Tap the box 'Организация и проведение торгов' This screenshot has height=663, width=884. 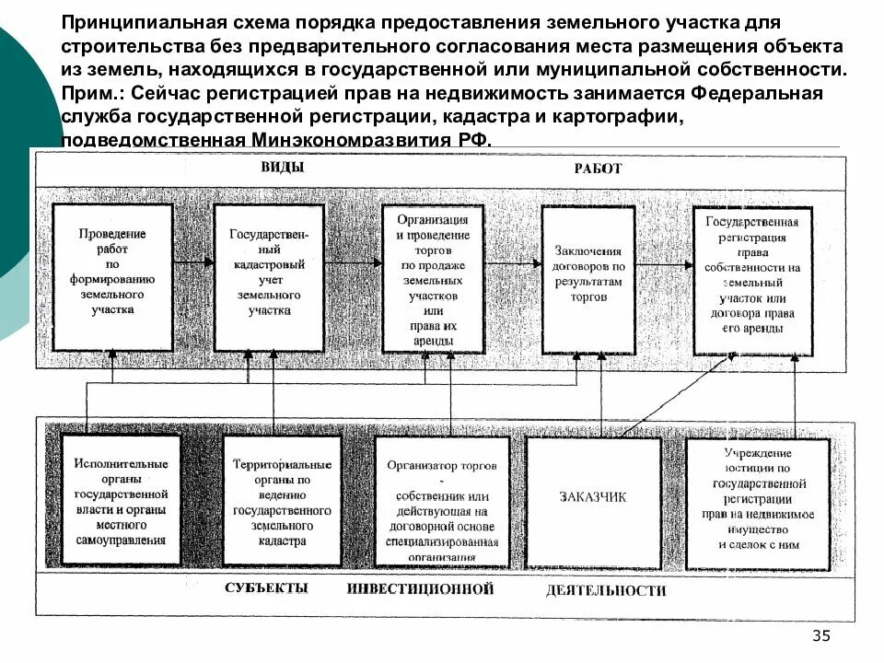tap(433, 280)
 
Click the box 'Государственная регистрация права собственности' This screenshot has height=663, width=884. tap(751, 279)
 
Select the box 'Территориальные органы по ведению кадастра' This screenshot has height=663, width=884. tap(282, 501)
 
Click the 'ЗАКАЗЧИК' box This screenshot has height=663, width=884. tap(592, 498)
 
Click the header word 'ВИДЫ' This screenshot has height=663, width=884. tap(286, 168)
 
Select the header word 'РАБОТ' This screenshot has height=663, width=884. tap(598, 169)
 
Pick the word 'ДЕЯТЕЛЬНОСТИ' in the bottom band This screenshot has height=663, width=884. tap(604, 590)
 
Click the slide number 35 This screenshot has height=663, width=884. tap(821, 637)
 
